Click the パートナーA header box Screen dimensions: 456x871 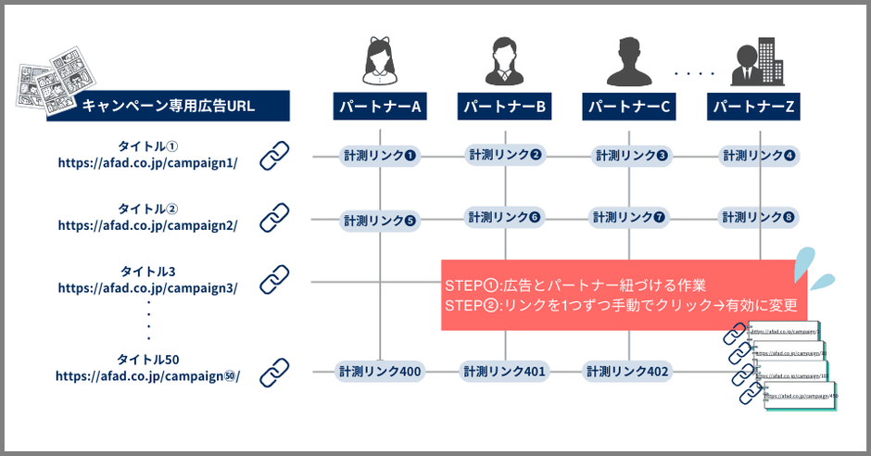381,107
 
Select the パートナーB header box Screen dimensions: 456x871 506,107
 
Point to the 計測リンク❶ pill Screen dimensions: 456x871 380,156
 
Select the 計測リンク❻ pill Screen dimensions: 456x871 505,218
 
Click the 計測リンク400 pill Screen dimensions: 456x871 380,372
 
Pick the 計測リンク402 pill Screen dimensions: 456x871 627,372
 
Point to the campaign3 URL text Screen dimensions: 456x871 147,287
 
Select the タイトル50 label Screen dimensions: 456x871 147,359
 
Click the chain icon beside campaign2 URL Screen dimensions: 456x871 274,218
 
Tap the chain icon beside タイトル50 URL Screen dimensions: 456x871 274,372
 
